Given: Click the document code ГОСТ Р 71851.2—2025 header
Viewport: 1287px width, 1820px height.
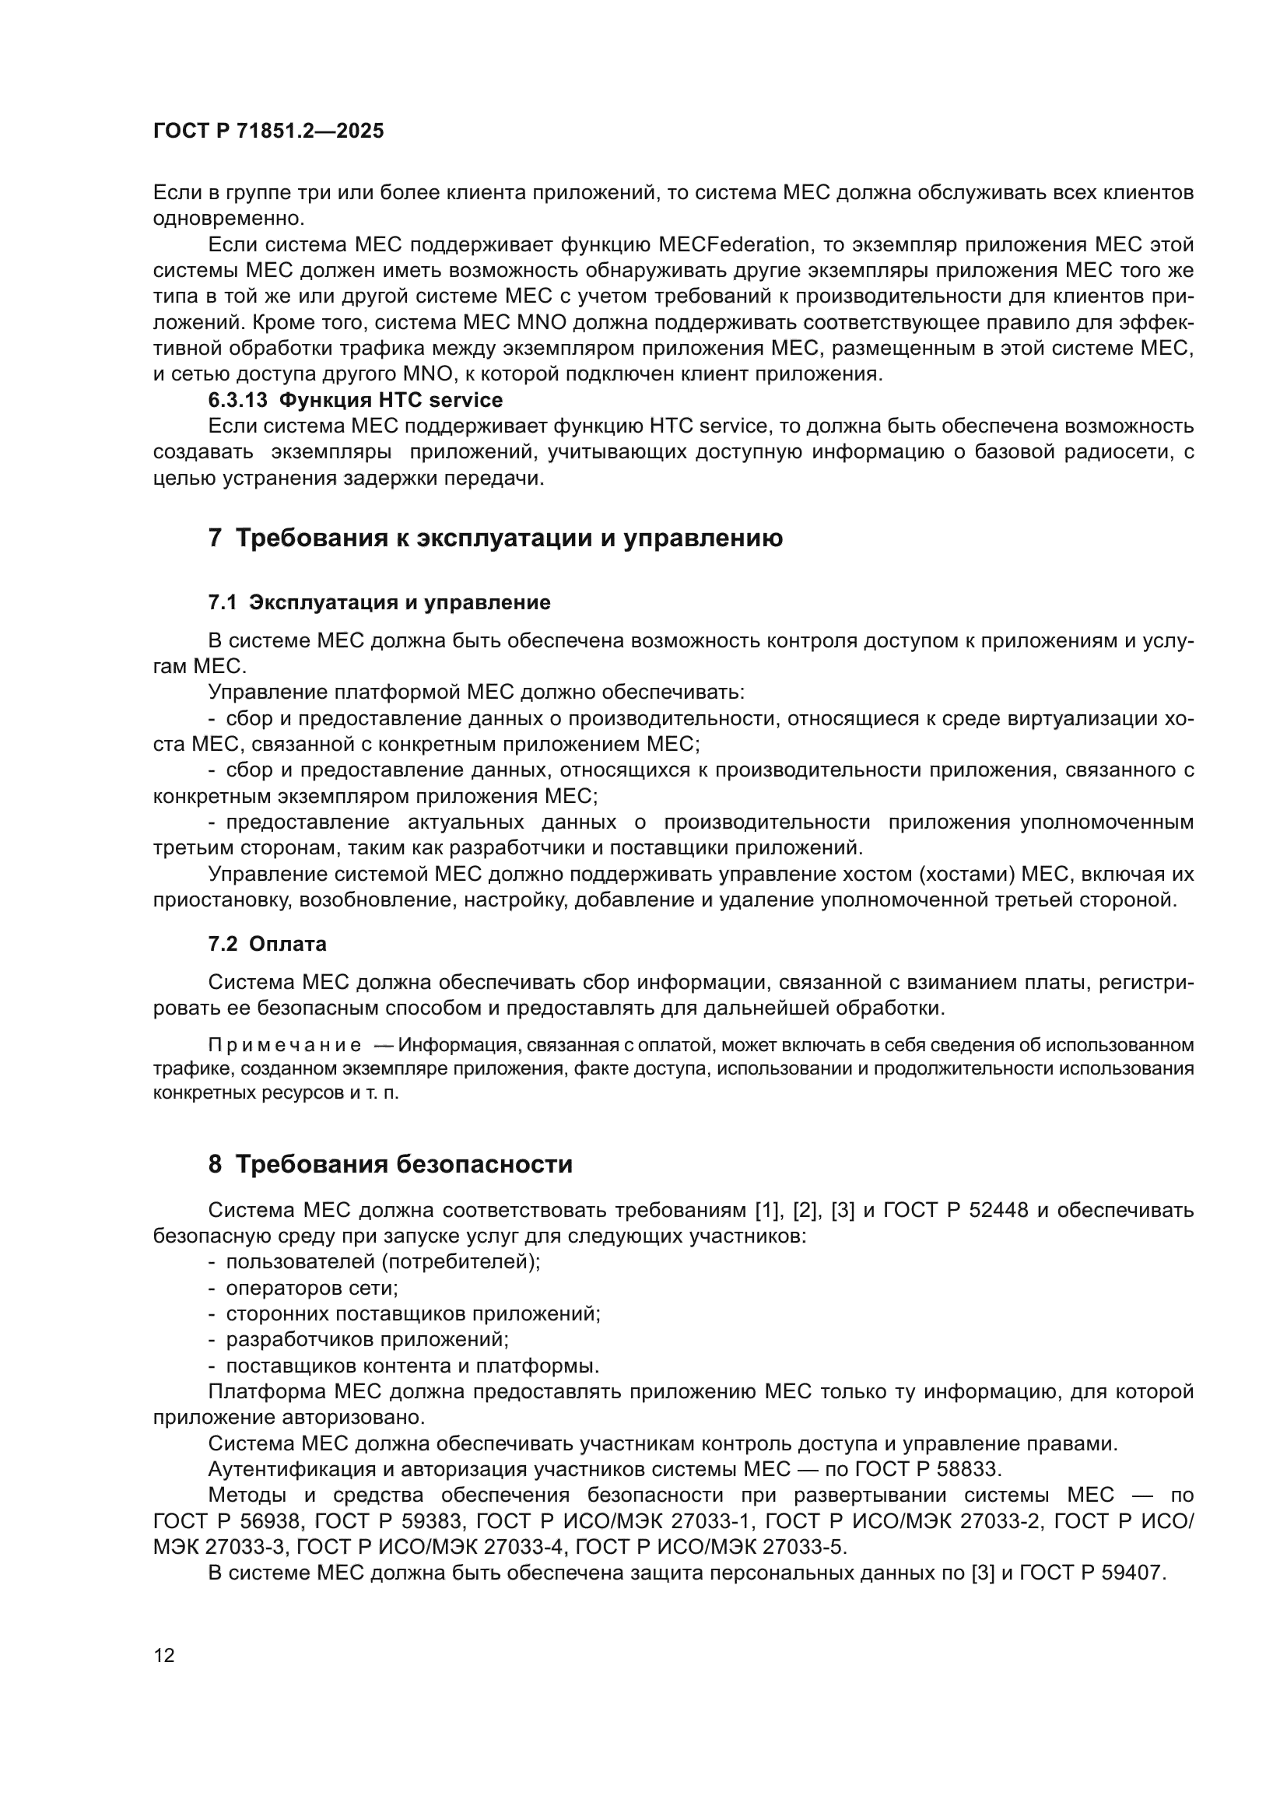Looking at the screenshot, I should [x=268, y=131].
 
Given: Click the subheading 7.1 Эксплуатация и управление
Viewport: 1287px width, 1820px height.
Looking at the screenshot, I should [x=379, y=602].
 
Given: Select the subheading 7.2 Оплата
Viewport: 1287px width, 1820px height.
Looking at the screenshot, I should [x=267, y=943].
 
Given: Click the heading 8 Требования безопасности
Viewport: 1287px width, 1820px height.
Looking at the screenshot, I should [x=390, y=1165].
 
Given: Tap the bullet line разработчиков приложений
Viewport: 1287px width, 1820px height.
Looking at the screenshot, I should [x=367, y=1340].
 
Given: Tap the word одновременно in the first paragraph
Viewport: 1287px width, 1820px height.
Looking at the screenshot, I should [x=228, y=218].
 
